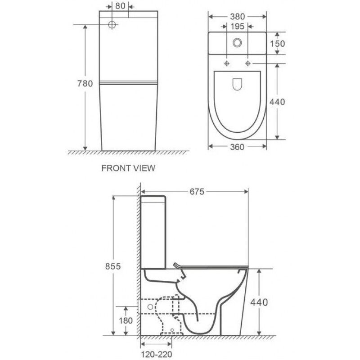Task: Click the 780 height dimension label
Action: [85, 84]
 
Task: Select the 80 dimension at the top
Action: [120, 6]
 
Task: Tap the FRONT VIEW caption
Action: [128, 168]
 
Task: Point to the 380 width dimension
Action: [238, 17]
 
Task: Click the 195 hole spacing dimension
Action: [237, 27]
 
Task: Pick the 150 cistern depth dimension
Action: [277, 43]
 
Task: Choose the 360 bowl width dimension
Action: [237, 147]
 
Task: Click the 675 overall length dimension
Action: [197, 192]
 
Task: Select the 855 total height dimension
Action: [113, 266]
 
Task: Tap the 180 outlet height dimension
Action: [126, 320]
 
